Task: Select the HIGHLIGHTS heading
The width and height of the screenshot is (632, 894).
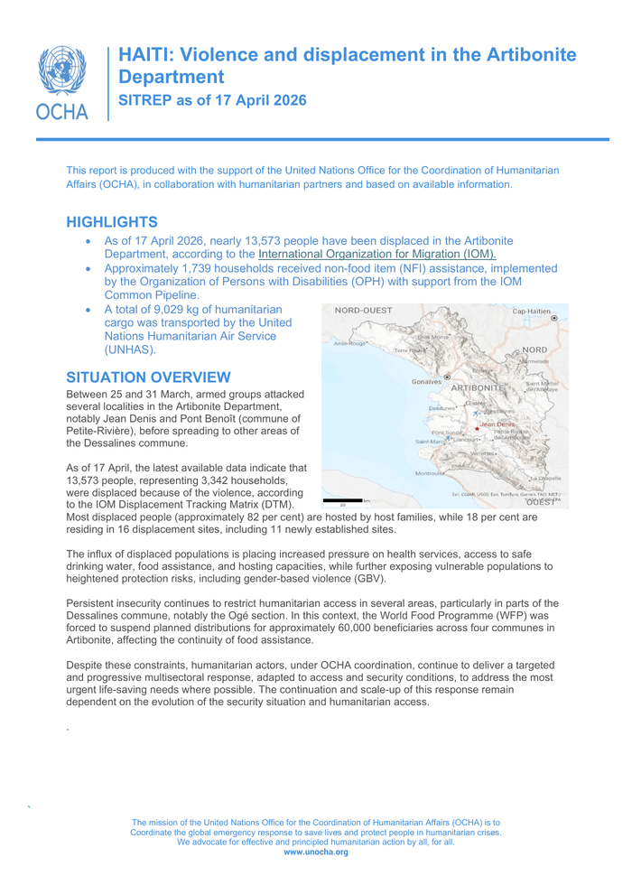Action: pyautogui.click(x=113, y=222)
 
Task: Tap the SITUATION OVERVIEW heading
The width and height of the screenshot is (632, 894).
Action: pyautogui.click(x=149, y=377)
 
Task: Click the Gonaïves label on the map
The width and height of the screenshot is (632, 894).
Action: pyautogui.click(x=427, y=382)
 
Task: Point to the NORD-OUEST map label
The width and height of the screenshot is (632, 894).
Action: pyautogui.click(x=363, y=311)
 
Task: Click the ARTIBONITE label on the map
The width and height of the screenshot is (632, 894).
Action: pyautogui.click(x=478, y=387)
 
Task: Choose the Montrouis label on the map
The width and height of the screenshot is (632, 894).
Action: pyautogui.click(x=429, y=473)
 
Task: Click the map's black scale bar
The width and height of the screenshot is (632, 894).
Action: pyautogui.click(x=342, y=499)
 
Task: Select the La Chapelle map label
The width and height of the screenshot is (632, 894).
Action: pyautogui.click(x=544, y=478)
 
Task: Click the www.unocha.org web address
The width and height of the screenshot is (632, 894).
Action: pyautogui.click(x=315, y=852)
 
